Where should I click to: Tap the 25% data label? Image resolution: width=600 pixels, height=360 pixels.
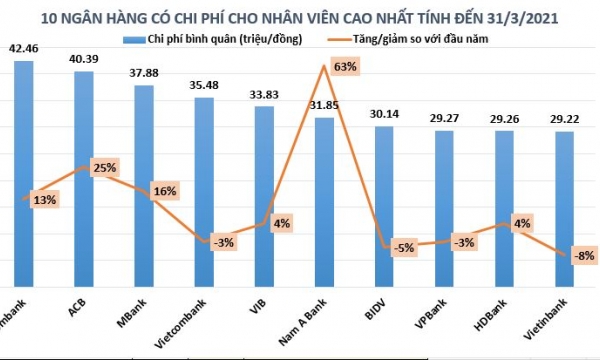click(103, 165)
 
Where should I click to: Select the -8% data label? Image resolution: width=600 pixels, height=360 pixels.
click(583, 256)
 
